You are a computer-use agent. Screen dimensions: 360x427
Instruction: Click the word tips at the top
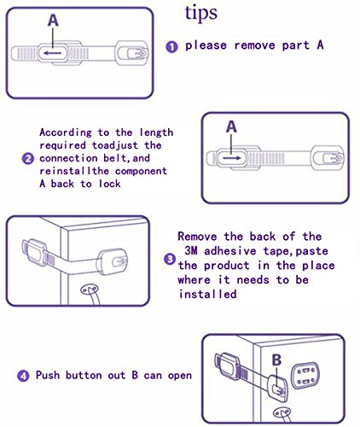point(201,14)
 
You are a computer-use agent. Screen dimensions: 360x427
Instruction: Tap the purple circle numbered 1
point(171,47)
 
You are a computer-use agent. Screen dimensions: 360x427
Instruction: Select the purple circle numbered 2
point(28,158)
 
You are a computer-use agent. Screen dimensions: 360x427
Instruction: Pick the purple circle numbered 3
point(170,260)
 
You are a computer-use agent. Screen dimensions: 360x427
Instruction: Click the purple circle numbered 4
point(23,376)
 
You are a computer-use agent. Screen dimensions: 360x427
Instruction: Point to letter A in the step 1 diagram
point(53,20)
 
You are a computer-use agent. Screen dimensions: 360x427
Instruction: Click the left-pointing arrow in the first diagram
point(52,53)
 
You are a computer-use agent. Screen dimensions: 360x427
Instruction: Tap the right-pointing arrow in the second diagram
point(232,158)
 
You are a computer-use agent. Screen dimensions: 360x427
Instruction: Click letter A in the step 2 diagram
point(231,126)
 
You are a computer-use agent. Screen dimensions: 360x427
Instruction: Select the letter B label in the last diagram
point(276,360)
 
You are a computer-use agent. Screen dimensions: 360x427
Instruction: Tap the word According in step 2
point(66,132)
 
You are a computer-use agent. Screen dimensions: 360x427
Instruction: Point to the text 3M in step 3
point(191,251)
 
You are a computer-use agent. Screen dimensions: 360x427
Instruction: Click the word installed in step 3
point(207,294)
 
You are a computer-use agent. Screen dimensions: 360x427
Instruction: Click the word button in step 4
point(84,375)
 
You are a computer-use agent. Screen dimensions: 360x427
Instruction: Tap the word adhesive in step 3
point(230,251)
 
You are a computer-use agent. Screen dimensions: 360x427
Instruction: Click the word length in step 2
point(156,133)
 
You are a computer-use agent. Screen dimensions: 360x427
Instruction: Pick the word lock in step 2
point(110,184)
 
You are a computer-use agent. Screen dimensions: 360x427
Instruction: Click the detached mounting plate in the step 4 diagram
point(305,376)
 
